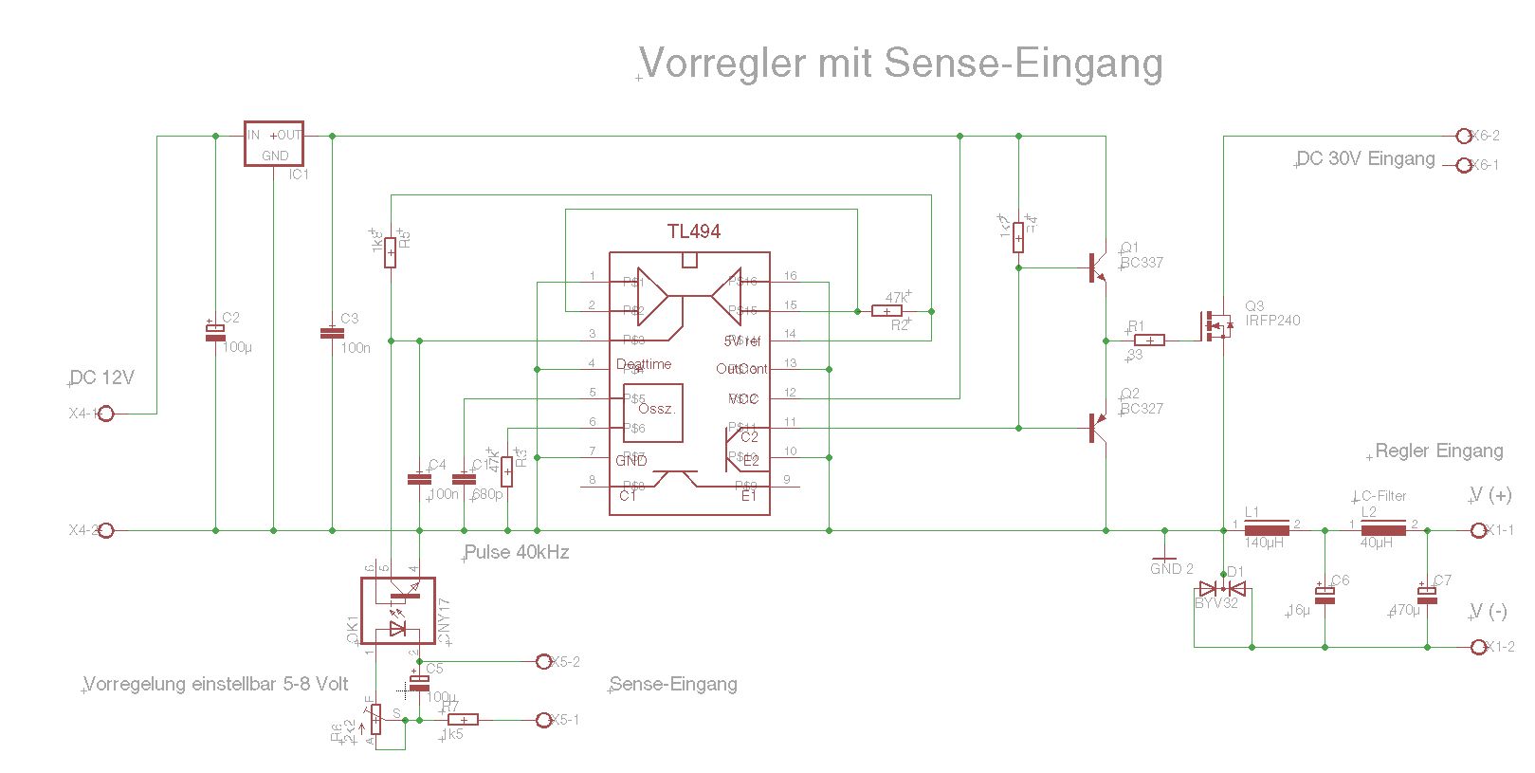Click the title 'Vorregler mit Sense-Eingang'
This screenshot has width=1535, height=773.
pos(901,63)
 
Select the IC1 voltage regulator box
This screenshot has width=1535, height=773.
pos(274,144)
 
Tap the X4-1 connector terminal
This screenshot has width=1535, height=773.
pos(106,414)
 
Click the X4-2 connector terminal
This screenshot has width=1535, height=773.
pos(106,530)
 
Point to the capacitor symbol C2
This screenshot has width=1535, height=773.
pos(215,332)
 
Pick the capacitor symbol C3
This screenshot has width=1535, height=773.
pos(332,333)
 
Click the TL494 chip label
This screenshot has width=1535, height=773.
pos(693,231)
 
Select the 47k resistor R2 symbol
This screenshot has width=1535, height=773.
pos(886,311)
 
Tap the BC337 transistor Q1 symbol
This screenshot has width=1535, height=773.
pos(1097,267)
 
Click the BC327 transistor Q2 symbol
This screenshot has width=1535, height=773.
pos(1097,428)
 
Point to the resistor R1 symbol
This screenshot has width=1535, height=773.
pos(1149,340)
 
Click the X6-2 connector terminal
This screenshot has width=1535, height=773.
pos(1463,136)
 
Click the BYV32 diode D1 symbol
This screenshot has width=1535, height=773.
pos(1222,589)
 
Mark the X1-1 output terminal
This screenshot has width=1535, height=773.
pos(1477,530)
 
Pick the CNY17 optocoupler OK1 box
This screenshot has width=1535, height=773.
pos(398,611)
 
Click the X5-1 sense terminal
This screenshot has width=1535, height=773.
pos(543,720)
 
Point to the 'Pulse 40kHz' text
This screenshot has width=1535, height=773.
pos(517,552)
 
